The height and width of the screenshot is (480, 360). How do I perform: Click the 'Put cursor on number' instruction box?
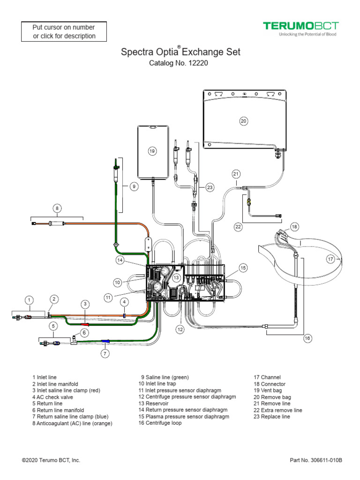coord(64,31)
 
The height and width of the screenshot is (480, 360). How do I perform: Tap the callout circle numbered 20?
coord(243,121)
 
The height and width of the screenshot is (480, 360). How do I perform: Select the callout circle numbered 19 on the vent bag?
coord(152,151)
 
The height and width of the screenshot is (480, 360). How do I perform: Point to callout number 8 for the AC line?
coord(57,208)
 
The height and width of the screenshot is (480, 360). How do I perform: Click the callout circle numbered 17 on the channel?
coord(330,259)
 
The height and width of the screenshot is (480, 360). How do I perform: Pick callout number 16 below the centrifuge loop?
coord(307,337)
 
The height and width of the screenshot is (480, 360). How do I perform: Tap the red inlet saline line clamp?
coord(85,323)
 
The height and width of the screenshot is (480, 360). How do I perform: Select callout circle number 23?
coord(210,187)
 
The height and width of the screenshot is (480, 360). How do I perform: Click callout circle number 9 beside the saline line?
coord(134,186)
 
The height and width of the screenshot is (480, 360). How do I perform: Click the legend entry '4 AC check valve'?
coord(52,397)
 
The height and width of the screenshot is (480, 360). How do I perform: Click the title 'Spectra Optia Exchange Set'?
coord(180,52)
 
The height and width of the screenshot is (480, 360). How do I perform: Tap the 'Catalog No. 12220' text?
coord(178,63)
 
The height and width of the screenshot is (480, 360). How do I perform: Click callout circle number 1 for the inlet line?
coord(29,300)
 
